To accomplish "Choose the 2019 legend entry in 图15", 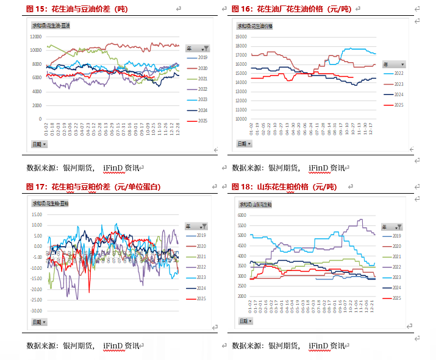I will pyautogui.click(x=202, y=57).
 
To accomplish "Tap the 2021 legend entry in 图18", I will pyautogui.click(x=396, y=256).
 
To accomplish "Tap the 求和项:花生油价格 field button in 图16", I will pyautogui.click(x=256, y=26).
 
